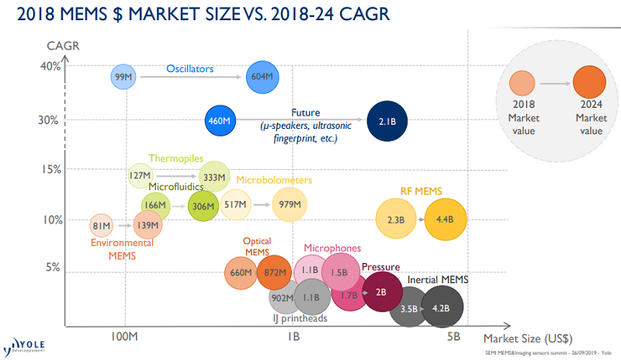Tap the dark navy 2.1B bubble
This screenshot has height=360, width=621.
tap(387, 121)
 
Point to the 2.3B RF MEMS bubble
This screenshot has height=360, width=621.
tap(396, 220)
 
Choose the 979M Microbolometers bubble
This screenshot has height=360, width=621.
tap(290, 204)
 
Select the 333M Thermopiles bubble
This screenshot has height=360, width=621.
tap(214, 176)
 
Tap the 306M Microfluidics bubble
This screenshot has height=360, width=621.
tap(203, 206)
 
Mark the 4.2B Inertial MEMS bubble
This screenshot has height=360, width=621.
tap(441, 308)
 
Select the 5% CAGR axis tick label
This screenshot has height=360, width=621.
tap(52, 268)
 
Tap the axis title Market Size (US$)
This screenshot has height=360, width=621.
tap(528, 337)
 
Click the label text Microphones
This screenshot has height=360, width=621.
tap(332, 247)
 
